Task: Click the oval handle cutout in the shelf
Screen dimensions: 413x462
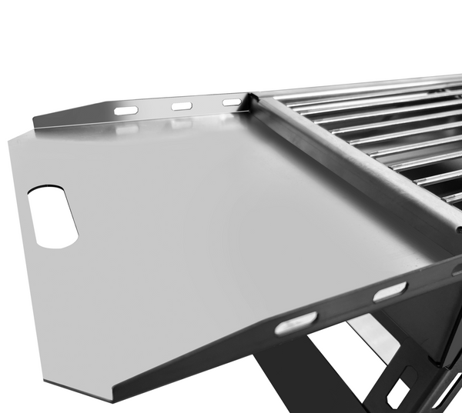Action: pos(52,217)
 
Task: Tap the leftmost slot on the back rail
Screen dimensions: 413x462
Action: pos(126,111)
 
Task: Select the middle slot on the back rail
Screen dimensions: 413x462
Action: pos(182,106)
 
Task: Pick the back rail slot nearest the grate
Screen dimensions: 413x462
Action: pos(232,102)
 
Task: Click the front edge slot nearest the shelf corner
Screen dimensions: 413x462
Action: pos(296,322)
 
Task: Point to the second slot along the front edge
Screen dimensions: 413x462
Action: pos(390,291)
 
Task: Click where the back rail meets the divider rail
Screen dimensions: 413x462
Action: pos(252,98)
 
